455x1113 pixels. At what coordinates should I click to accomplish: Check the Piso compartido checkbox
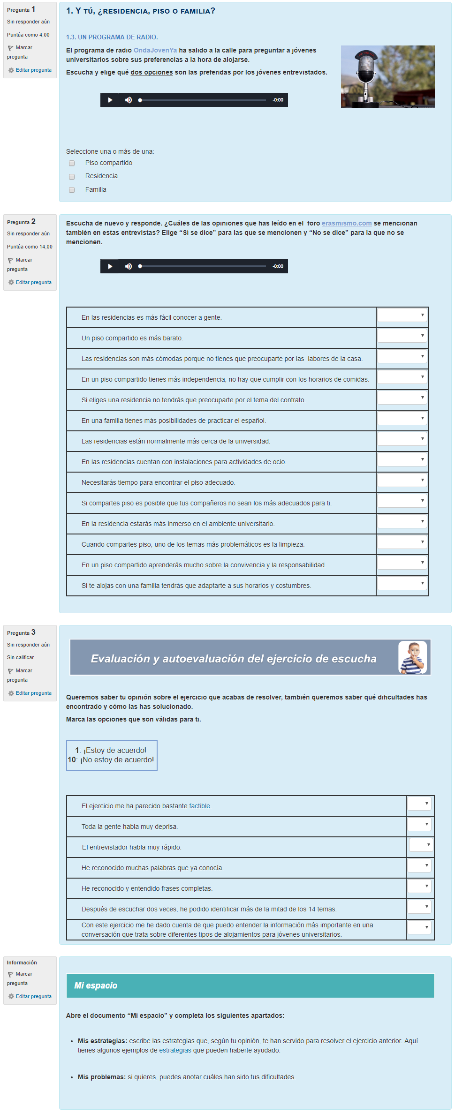click(72, 163)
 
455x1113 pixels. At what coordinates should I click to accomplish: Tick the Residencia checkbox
click(72, 177)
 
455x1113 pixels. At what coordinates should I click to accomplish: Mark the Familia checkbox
click(72, 190)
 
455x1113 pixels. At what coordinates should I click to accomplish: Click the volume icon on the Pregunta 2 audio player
click(129, 266)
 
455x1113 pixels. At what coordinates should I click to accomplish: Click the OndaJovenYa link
click(155, 50)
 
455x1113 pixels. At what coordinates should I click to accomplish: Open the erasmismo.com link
click(347, 223)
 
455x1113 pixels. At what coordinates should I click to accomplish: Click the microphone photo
click(387, 76)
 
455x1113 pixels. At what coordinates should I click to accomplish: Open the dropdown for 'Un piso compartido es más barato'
click(402, 336)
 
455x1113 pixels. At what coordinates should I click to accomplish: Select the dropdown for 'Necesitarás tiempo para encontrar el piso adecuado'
click(402, 481)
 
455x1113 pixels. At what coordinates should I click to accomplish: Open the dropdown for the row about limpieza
click(402, 542)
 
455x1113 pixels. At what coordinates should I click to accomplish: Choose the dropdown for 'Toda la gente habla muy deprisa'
click(419, 825)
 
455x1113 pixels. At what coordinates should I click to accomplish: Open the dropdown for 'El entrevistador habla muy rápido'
click(421, 845)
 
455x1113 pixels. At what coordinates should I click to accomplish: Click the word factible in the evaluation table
click(200, 806)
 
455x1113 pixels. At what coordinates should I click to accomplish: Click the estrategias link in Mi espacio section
click(175, 1050)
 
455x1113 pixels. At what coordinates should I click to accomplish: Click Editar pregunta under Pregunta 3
click(33, 693)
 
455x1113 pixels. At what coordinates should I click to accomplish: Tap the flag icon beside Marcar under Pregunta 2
click(10, 260)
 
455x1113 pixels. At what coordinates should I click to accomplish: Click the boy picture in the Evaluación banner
click(412, 657)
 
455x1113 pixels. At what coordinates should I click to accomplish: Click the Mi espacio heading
click(96, 985)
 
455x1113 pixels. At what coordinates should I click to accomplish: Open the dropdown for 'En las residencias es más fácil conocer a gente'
click(402, 316)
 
